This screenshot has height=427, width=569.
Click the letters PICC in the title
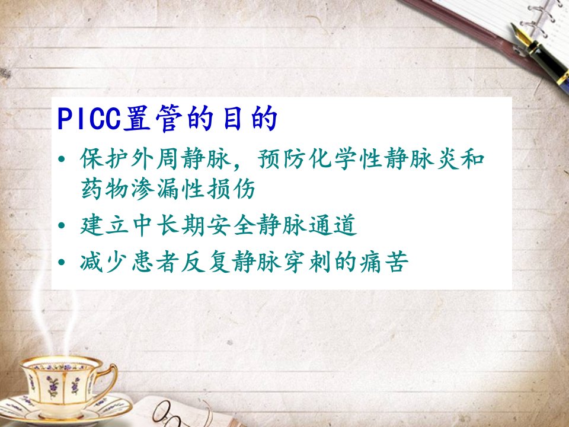click(x=89, y=119)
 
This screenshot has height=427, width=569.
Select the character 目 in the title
click(x=232, y=119)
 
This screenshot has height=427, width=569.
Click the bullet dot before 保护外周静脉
click(x=62, y=159)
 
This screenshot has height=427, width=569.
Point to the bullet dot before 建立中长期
click(x=62, y=225)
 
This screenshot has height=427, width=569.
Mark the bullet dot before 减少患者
click(x=62, y=262)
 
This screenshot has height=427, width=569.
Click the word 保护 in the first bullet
click(x=104, y=159)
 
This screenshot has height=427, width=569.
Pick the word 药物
click(x=104, y=189)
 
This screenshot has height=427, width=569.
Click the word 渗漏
click(x=155, y=189)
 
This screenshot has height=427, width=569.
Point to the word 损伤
click(x=232, y=189)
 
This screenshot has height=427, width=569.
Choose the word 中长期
click(x=168, y=225)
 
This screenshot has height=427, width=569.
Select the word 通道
click(x=333, y=225)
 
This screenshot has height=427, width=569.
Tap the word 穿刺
click(x=308, y=262)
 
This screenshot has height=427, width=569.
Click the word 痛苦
click(x=384, y=262)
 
